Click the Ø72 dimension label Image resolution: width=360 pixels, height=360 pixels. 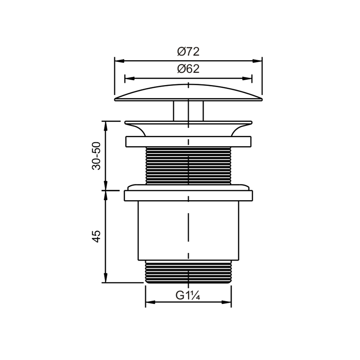pyautogui.click(x=188, y=52)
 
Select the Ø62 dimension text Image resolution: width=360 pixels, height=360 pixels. pyautogui.click(x=188, y=69)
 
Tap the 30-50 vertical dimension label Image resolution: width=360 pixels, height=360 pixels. pyautogui.click(x=96, y=156)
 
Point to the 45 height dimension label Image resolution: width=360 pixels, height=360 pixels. pyautogui.click(x=96, y=236)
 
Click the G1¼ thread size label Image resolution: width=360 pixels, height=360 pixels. pyautogui.click(x=188, y=296)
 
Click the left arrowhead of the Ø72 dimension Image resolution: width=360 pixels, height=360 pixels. pyautogui.click(x=119, y=61)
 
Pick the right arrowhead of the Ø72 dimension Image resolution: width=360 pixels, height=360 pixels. pyautogui.click(x=257, y=61)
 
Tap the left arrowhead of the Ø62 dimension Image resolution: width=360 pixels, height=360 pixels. pyautogui.click(x=130, y=78)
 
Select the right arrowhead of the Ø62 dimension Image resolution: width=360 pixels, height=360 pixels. pyautogui.click(x=247, y=78)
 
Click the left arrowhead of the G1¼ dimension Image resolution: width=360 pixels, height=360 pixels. pyautogui.click(x=150, y=302)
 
